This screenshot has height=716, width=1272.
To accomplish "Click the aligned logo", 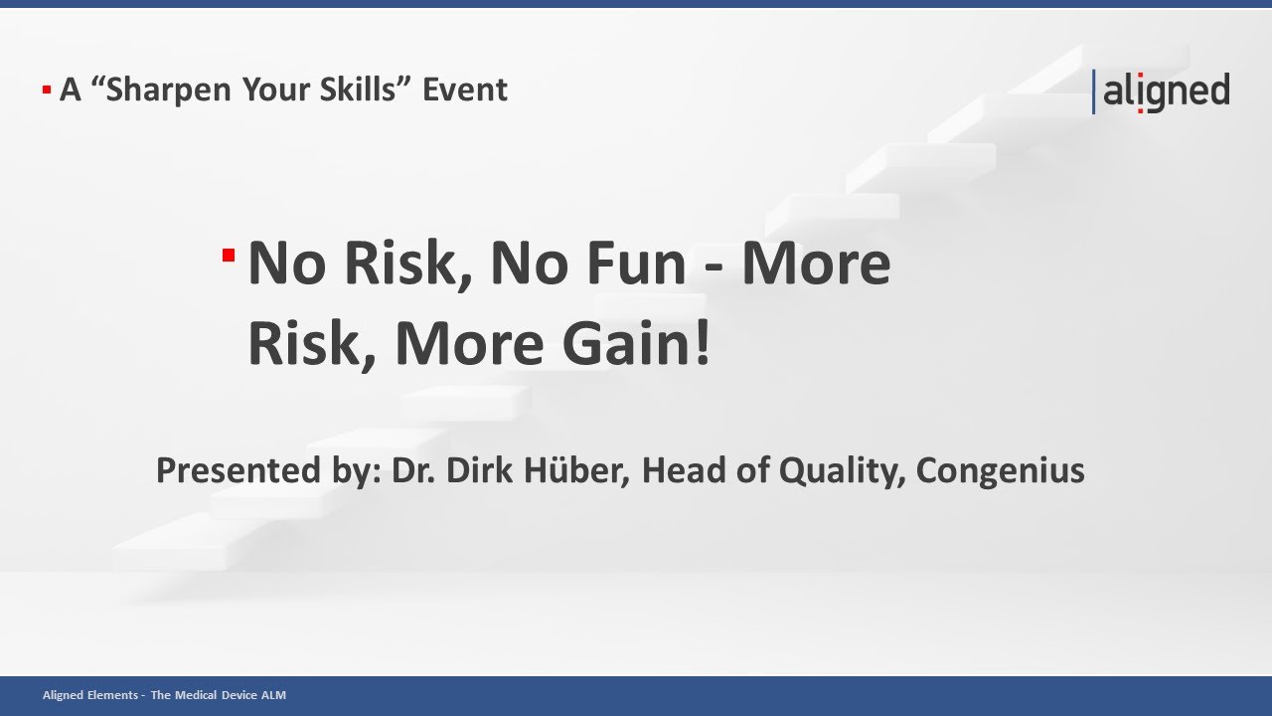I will [x=1163, y=91].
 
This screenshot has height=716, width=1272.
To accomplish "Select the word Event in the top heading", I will [x=465, y=89].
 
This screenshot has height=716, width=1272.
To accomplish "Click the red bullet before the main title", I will [x=229, y=256].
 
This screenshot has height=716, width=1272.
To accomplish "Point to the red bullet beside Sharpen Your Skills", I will [x=47, y=90].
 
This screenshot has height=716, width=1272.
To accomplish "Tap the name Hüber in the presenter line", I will [x=578, y=469].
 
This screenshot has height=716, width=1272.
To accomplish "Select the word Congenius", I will [x=1000, y=469].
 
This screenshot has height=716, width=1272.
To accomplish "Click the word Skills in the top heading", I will [x=364, y=89].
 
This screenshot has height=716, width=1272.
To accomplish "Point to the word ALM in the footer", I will [x=273, y=695].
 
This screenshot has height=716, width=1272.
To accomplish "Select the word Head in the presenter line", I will [x=681, y=469].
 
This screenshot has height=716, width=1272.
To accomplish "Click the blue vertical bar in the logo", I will [x=1094, y=91].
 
